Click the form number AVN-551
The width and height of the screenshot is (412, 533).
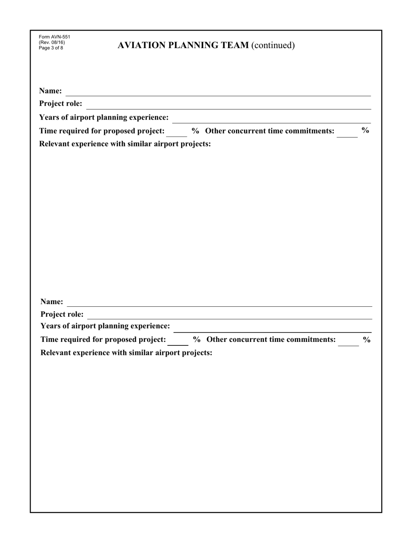54,37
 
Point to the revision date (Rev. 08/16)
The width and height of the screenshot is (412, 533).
52,42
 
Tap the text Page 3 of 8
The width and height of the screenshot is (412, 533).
51,48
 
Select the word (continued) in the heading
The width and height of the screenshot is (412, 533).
273,45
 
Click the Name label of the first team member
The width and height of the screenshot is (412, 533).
50,91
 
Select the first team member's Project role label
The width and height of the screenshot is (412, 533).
61,104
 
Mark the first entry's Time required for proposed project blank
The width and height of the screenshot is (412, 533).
177,134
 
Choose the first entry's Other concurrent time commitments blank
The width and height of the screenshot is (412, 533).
347,134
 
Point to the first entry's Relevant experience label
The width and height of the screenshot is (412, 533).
125,144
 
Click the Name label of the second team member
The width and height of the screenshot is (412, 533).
52,302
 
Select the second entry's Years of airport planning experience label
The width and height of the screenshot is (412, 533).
105,326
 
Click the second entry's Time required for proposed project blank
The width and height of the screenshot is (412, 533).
178,343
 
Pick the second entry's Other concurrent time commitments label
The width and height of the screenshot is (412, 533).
271,340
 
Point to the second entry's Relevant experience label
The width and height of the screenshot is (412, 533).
126,353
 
